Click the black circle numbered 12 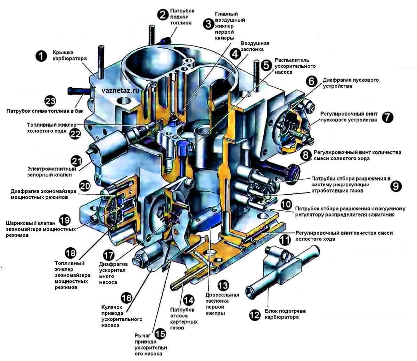pos(255,315)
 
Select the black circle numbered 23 pos(50,101)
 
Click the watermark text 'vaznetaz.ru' pos(121,91)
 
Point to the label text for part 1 pos(69,56)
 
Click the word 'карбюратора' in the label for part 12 pos(281,317)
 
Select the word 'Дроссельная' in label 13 pos(222,295)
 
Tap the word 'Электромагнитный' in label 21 pos(52,169)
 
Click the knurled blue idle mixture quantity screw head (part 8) pos(294,173)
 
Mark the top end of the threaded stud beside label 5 pos(256,61)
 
